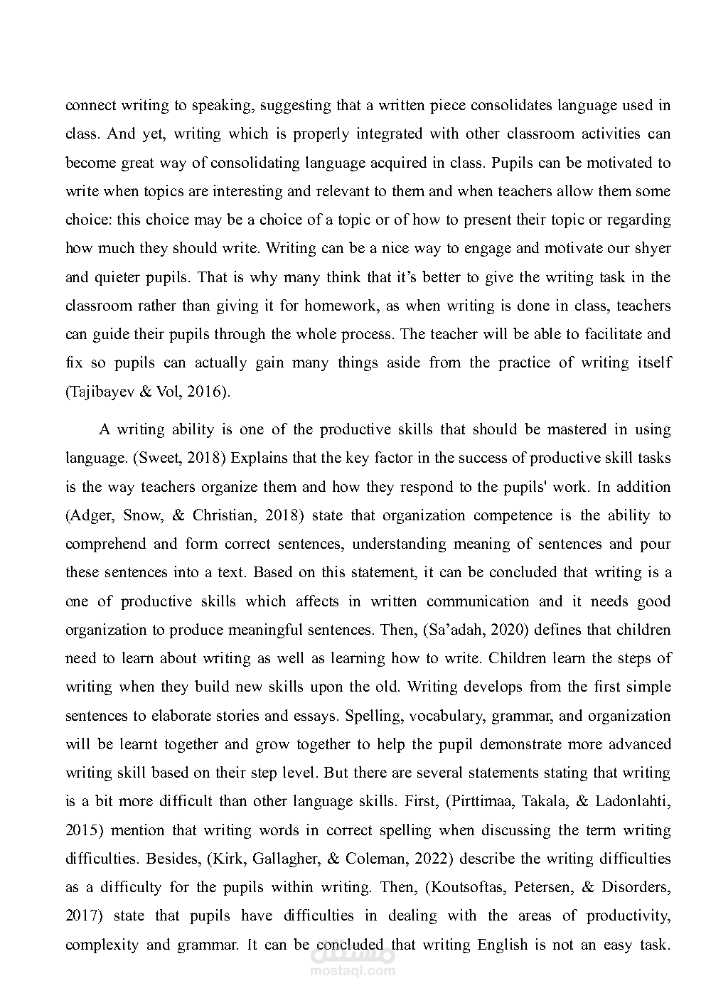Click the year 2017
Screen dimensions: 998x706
[82, 916]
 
